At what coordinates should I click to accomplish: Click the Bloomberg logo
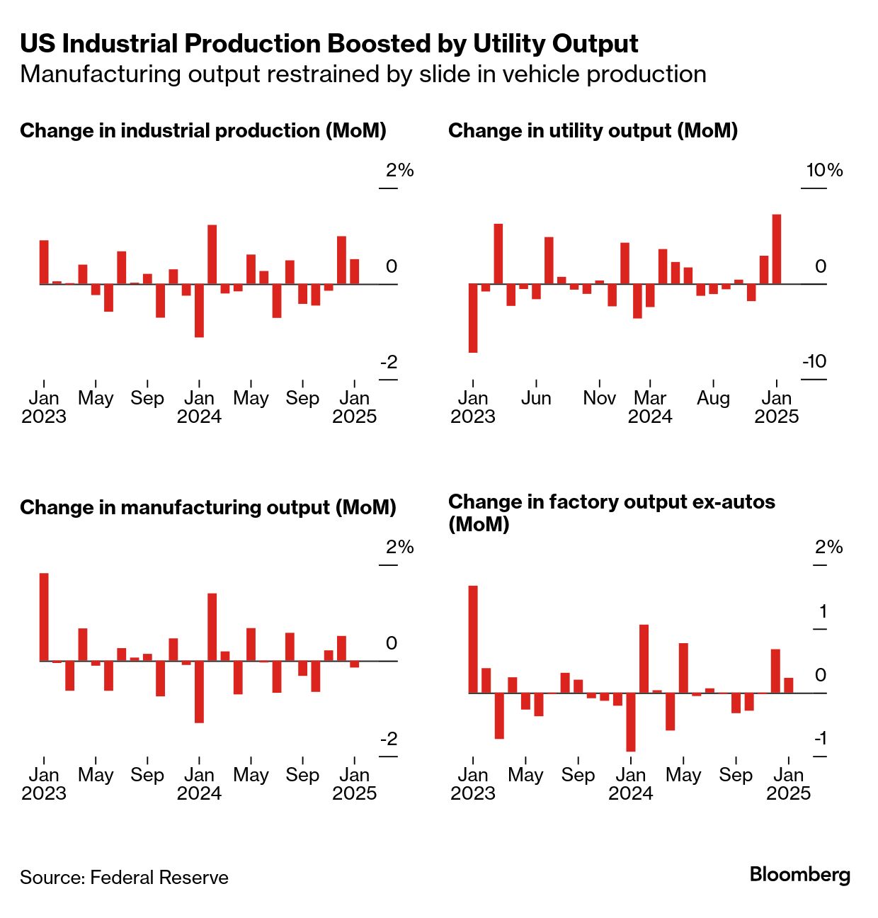799,875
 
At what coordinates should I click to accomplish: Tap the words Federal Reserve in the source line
159,878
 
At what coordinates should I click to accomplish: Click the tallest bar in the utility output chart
776,249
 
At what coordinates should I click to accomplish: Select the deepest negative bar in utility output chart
473,318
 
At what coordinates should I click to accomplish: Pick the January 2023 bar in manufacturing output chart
44,617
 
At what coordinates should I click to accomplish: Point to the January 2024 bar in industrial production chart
212,254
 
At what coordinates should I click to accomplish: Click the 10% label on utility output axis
824,170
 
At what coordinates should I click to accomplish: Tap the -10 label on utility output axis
814,361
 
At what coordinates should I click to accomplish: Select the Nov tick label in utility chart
599,398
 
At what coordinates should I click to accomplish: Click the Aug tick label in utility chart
713,398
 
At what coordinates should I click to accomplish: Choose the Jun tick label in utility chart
536,398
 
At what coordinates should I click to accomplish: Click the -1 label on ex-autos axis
820,739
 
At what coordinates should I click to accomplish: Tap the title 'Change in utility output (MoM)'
593,131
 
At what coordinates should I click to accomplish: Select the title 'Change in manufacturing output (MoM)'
207,508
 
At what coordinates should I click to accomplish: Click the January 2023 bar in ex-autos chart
473,639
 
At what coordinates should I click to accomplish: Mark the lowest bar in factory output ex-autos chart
630,722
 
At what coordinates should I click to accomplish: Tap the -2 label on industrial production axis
389,362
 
